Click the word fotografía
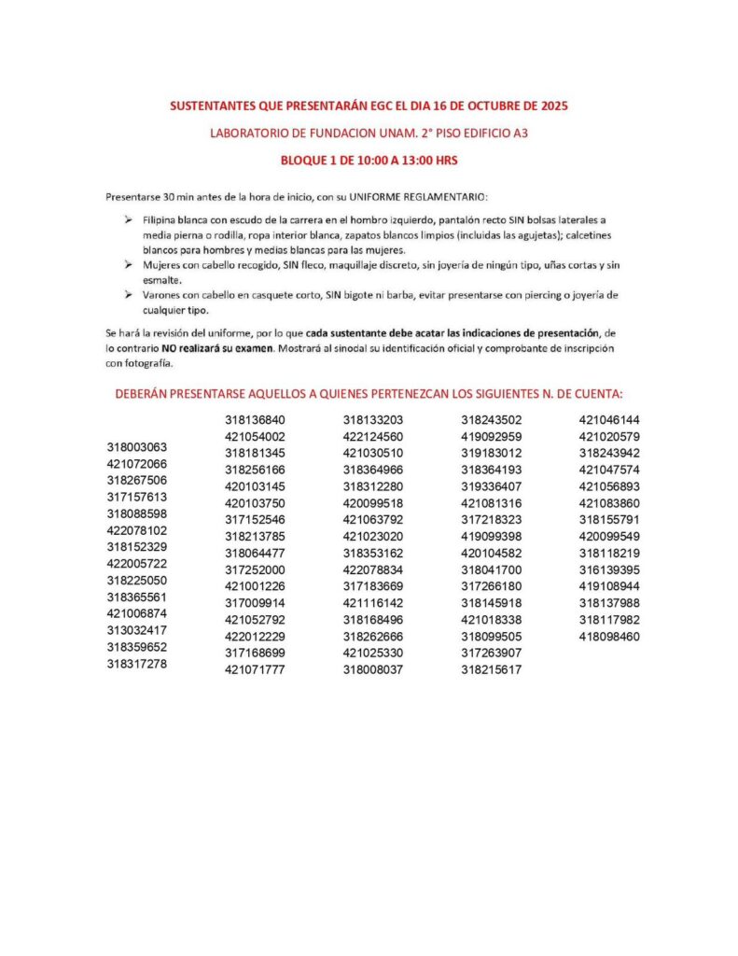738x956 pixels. [144, 364]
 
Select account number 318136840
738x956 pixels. [255, 420]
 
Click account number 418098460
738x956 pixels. [609, 637]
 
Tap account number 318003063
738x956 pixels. [136, 447]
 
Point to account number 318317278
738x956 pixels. [136, 664]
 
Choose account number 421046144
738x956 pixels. [609, 420]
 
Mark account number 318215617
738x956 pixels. [491, 669]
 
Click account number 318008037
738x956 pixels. [373, 669]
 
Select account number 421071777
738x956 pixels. [255, 669]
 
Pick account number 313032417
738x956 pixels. [136, 630]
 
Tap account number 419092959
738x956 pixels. [491, 437]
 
